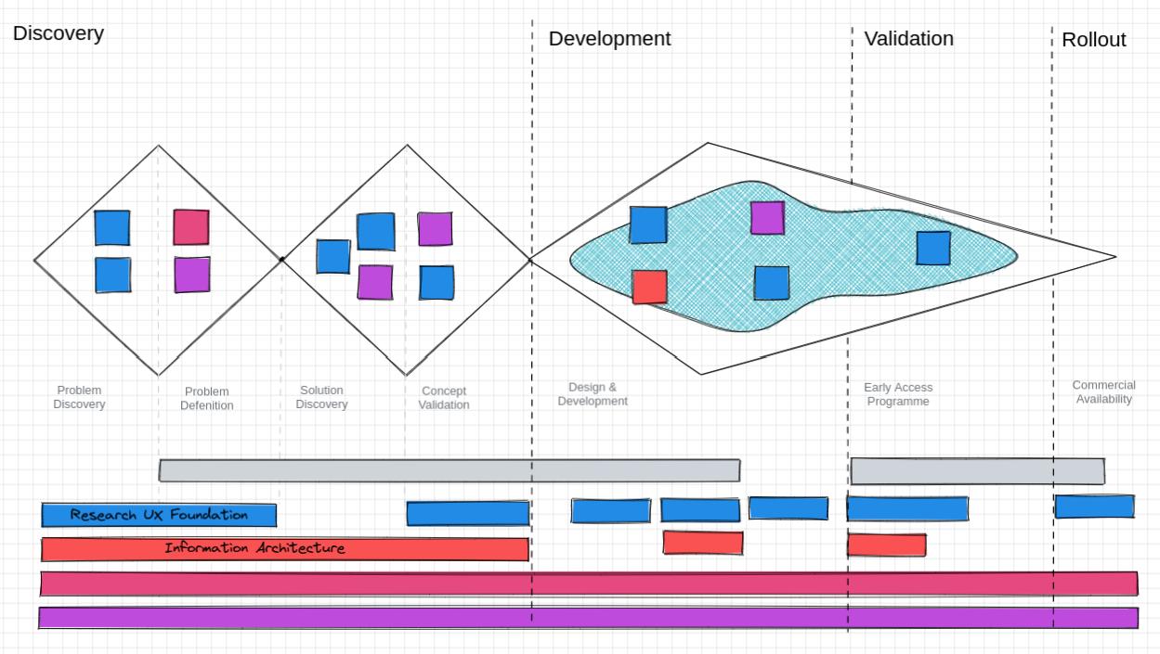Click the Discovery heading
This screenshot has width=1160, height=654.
coord(59,34)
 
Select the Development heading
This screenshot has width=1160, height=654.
coord(609,39)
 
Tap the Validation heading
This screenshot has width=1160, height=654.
coord(908,39)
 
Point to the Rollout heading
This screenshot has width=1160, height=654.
coord(1093,40)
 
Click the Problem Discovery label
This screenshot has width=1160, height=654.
coord(79,397)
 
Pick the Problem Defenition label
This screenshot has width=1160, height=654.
coord(207,398)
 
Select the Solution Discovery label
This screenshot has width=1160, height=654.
coord(321,397)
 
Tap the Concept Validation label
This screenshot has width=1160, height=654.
coord(444,398)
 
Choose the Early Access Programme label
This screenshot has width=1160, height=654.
coord(897,394)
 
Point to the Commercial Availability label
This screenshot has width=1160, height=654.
coord(1103,392)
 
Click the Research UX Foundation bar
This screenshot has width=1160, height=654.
coord(159,515)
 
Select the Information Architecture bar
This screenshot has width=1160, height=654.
coord(284,549)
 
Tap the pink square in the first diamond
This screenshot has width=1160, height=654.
coord(191,227)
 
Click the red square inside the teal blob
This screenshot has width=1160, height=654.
coord(649,287)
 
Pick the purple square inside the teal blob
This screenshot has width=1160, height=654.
coord(767,218)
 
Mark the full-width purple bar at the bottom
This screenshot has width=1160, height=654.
coord(588,618)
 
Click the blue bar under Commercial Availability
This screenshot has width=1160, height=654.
coord(1094,507)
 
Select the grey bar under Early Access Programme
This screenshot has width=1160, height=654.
coord(977,471)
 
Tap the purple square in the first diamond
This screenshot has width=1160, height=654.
coord(192,275)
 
